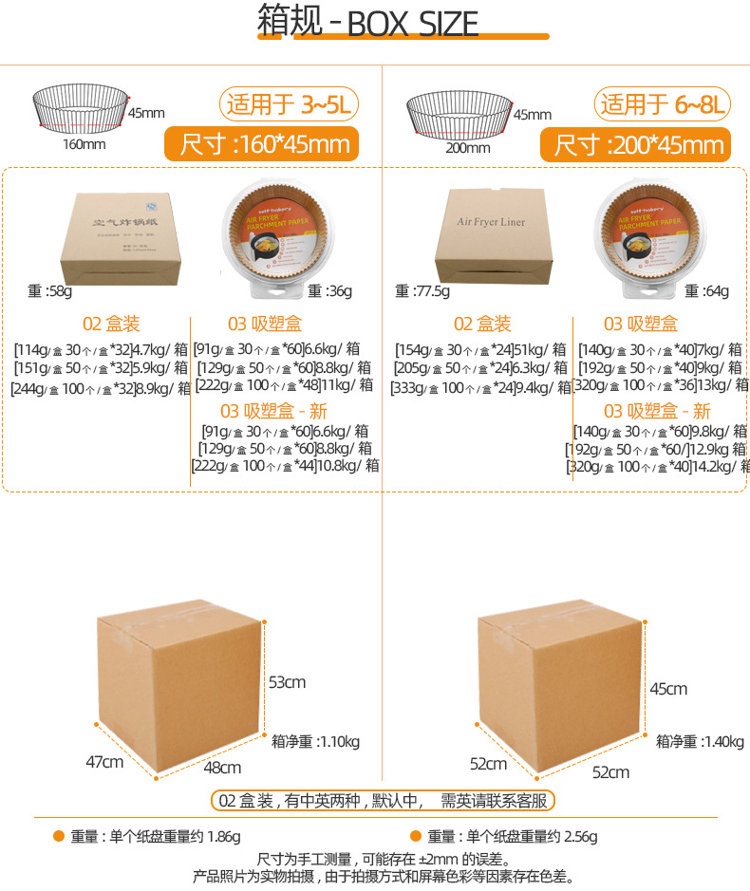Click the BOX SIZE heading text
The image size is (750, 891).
tap(413, 24)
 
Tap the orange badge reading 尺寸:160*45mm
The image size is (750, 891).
tap(259, 144)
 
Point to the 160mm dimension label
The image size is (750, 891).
tap(84, 145)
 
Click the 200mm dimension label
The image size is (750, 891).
tap(467, 147)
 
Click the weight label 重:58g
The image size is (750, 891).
tap(48, 290)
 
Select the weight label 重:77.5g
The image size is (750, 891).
tap(422, 290)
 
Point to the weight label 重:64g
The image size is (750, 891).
tap(707, 290)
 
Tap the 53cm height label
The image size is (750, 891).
tap(287, 682)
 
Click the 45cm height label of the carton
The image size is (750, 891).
tap(668, 688)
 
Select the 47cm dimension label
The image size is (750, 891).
tap(104, 761)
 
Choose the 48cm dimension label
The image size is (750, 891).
tap(221, 767)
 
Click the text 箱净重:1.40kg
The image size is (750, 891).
tap(700, 741)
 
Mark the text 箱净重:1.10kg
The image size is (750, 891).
tap(315, 741)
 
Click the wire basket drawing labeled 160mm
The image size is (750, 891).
tap(81, 107)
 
